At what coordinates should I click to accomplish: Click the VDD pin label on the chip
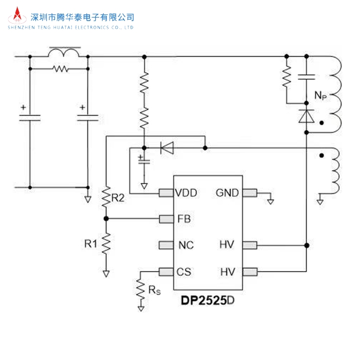point(186,193)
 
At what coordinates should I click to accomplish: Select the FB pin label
point(184,219)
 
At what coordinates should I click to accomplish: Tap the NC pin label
point(186,245)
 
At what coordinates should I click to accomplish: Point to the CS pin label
point(184,271)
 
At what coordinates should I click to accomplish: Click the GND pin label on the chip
point(227,193)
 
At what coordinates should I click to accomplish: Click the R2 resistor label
point(118,197)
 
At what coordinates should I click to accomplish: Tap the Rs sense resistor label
point(154,291)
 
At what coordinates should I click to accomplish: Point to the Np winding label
point(320,95)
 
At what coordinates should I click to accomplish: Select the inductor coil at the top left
point(64,52)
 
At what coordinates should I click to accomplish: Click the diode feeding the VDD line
point(167,148)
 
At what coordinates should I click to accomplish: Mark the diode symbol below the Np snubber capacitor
point(307,117)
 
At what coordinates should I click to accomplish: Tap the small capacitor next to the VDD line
point(145,160)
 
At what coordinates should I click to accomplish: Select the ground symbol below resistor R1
point(106,274)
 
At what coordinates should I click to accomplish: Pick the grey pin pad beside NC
point(165,245)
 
